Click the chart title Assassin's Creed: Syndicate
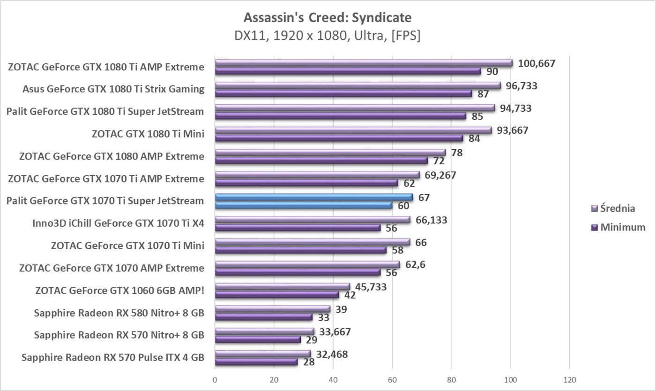click(x=328, y=18)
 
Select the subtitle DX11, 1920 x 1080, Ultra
click(x=328, y=36)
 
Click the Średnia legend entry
click(x=618, y=208)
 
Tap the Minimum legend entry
click(x=623, y=228)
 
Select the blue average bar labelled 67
click(x=313, y=197)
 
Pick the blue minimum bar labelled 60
click(x=303, y=205)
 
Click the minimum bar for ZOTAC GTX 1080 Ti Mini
click(x=339, y=138)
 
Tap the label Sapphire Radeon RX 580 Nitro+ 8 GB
click(x=119, y=313)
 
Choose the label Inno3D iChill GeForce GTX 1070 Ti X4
click(x=118, y=223)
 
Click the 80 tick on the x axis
click(x=451, y=379)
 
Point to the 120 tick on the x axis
click(x=569, y=379)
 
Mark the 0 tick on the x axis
click(x=215, y=379)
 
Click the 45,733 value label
click(x=369, y=287)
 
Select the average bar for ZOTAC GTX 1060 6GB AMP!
click(x=282, y=286)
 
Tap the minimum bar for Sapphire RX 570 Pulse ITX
click(x=256, y=362)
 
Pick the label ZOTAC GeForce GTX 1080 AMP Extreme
click(x=112, y=156)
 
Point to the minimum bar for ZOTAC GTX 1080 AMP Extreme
click(x=321, y=161)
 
